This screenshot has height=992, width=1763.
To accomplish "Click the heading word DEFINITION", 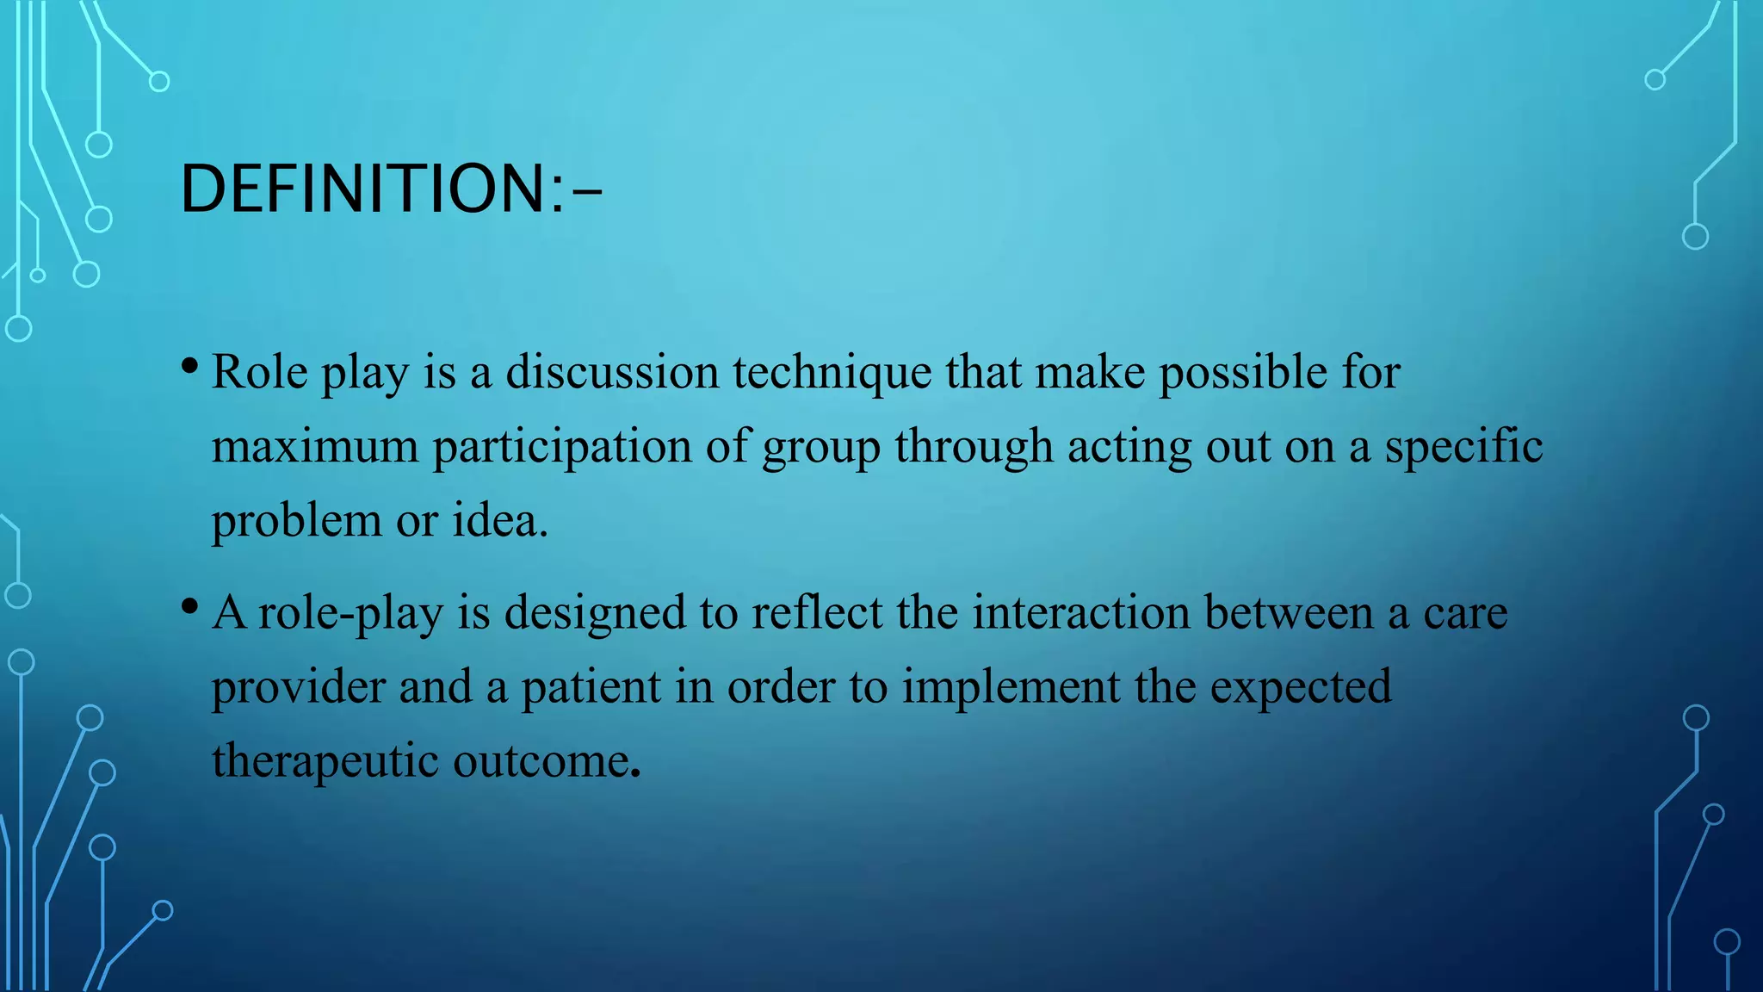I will pyautogui.click(x=362, y=189).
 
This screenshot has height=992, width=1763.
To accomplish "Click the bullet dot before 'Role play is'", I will pyautogui.click(x=190, y=366).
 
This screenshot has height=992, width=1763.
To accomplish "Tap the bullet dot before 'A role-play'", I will pyautogui.click(x=190, y=606).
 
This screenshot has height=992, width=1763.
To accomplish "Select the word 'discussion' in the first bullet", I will pyautogui.click(x=612, y=372).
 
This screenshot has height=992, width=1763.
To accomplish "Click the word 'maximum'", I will pyautogui.click(x=314, y=447).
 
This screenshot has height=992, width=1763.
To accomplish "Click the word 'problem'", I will pyautogui.click(x=296, y=522).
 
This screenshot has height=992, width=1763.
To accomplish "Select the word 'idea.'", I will pyautogui.click(x=500, y=520).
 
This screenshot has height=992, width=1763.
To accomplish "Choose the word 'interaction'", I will pyautogui.click(x=1081, y=612).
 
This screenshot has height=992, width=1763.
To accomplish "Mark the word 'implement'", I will pyautogui.click(x=1011, y=688).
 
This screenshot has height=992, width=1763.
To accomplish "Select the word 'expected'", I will pyautogui.click(x=1301, y=688).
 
